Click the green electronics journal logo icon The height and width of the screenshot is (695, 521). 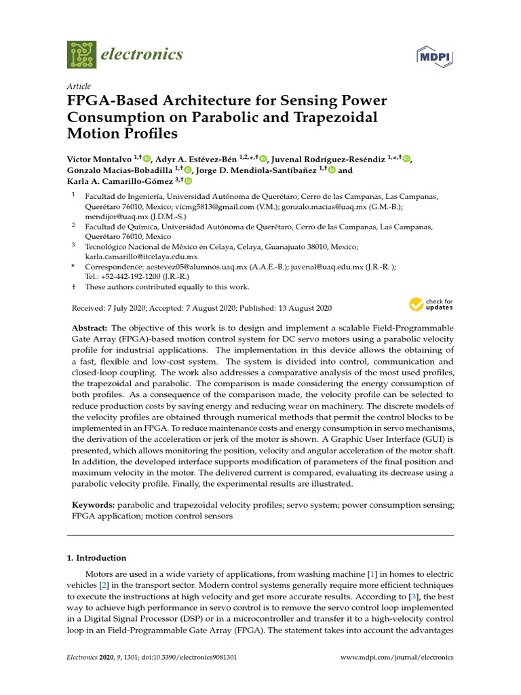tap(81, 54)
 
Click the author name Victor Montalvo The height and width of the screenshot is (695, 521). tap(99, 158)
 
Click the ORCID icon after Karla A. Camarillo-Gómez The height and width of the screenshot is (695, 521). tap(188, 181)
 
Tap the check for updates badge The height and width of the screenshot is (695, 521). tap(431, 304)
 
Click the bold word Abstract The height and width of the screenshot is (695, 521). tap(90, 328)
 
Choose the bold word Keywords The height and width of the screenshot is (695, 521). tap(93, 506)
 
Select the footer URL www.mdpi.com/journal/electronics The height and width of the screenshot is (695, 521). tap(396, 657)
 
